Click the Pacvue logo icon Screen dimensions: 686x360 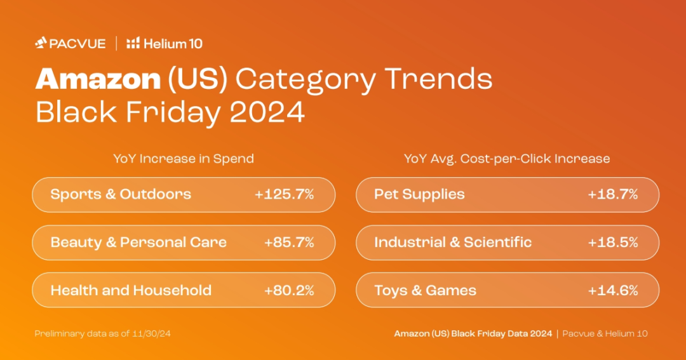(41, 43)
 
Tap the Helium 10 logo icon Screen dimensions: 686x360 (133, 43)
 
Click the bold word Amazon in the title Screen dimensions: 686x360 (98, 79)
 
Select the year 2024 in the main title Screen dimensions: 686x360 (267, 112)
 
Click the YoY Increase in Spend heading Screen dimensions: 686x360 (184, 158)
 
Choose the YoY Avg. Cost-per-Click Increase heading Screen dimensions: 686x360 (507, 158)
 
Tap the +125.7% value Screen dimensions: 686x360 (285, 194)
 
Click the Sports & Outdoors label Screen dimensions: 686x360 (121, 194)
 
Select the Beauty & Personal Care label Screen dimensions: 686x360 (138, 243)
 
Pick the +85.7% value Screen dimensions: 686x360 (289, 243)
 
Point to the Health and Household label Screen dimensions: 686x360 (131, 290)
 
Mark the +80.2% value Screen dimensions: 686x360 (289, 290)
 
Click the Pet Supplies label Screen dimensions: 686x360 (419, 195)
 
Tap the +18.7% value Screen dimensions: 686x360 (613, 194)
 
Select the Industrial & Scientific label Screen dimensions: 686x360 (453, 243)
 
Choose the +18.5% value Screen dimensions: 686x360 (613, 243)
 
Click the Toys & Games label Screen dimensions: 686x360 (425, 290)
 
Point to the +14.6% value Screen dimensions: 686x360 (613, 290)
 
